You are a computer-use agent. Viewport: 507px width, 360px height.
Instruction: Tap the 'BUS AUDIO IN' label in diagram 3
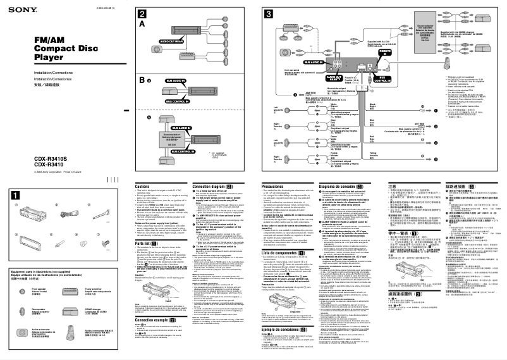click(315, 62)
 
